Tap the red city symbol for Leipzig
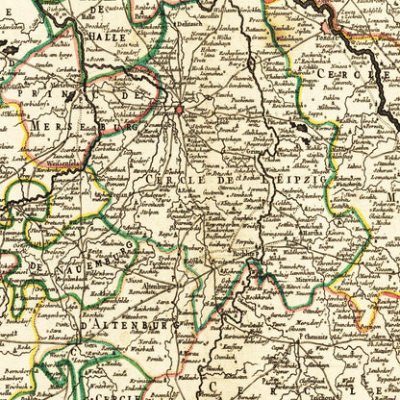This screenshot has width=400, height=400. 179,110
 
